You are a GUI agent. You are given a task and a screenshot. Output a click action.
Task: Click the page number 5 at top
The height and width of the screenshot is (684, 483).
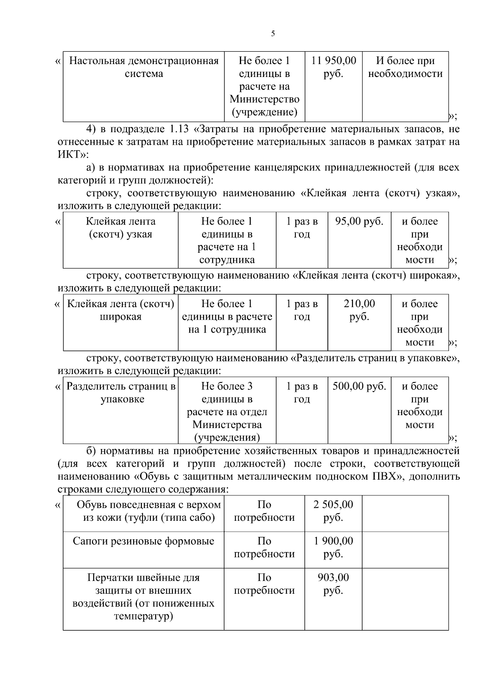click(273, 34)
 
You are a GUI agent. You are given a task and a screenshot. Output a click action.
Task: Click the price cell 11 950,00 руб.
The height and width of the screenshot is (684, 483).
click(333, 67)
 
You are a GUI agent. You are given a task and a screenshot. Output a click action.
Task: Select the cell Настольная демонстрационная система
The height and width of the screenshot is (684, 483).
click(144, 67)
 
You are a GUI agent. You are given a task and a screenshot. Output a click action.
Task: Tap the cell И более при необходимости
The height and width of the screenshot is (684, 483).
click(405, 67)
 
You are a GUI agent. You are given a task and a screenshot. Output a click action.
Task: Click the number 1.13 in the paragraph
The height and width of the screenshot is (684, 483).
click(177, 129)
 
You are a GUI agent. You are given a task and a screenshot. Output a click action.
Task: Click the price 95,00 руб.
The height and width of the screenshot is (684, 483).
click(359, 222)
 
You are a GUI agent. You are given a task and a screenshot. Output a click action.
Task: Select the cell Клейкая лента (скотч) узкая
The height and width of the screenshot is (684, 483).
click(120, 228)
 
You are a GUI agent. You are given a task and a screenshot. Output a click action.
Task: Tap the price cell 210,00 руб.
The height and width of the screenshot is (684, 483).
click(359, 310)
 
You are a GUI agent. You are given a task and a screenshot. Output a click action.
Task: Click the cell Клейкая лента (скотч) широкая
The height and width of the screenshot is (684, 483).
click(120, 310)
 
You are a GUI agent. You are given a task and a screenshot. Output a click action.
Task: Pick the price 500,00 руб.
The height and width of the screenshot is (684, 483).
click(359, 387)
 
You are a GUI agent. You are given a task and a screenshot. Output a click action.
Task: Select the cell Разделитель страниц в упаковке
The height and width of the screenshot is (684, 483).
click(120, 393)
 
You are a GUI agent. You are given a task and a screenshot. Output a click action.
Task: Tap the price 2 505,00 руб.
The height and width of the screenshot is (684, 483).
click(333, 511)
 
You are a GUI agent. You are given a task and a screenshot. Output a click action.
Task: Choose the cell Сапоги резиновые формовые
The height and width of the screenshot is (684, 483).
click(143, 541)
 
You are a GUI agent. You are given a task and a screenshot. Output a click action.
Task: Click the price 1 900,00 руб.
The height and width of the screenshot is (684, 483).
click(333, 547)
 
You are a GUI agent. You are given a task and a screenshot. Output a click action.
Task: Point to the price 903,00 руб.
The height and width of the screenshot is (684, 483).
click(333, 584)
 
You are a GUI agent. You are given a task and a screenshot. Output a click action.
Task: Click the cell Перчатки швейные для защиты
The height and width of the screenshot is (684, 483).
click(143, 597)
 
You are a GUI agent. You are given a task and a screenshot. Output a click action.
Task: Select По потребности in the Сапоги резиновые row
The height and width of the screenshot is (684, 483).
click(264, 547)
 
